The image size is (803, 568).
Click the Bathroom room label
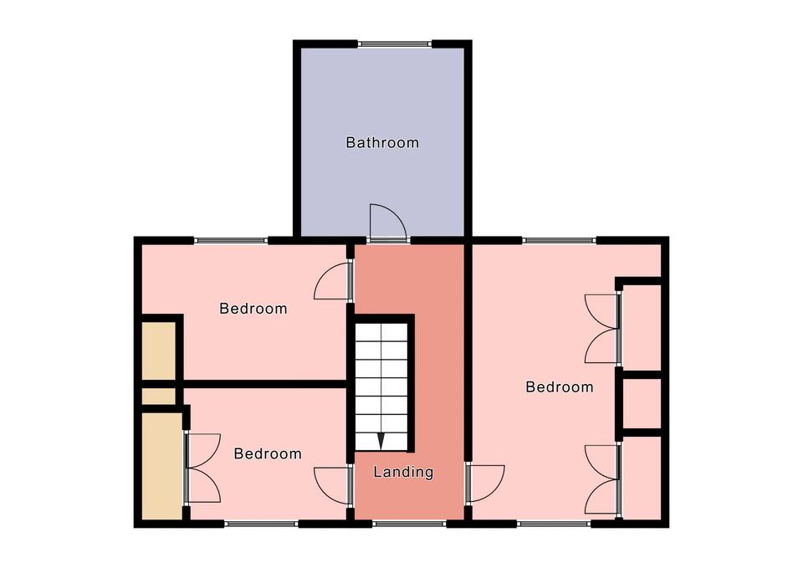382,142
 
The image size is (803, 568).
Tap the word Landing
403,472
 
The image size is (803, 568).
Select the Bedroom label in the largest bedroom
560,386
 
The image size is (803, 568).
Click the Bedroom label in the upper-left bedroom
253,309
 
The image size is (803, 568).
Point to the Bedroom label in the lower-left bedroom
268,453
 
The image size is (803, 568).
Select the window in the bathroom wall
394,44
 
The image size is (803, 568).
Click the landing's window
409,524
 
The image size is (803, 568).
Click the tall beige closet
161,466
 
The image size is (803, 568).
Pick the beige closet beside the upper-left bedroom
158,351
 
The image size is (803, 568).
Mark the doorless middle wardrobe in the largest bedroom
642,402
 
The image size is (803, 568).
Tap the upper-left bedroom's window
231,240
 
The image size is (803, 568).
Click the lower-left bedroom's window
261,524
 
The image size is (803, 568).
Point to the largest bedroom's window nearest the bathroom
560,240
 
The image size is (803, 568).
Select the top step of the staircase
381,332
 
